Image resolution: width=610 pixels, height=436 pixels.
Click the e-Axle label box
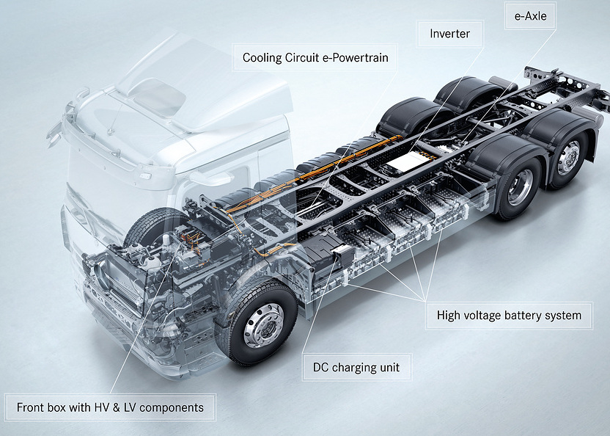point(530,16)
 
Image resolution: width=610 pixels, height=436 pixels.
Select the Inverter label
point(449,34)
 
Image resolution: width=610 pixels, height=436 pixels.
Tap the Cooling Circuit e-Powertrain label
point(315,58)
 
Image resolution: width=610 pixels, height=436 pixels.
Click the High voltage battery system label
point(510,315)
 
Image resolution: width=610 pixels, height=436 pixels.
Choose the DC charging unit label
point(356,368)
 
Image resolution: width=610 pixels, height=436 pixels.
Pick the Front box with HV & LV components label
point(110,407)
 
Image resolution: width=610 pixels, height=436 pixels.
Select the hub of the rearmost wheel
point(568,158)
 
